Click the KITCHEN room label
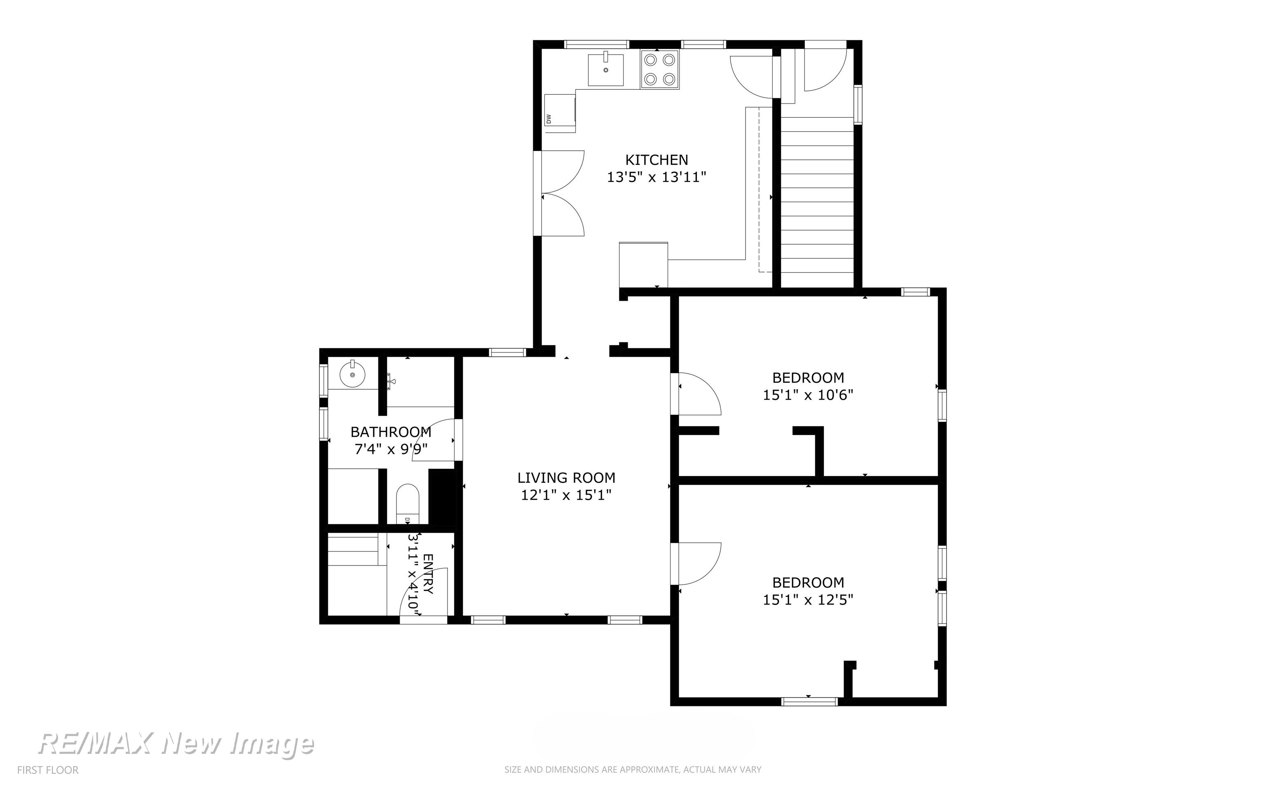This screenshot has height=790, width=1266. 656,159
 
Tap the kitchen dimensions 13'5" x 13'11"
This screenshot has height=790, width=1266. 656,177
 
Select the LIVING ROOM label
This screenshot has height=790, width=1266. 566,477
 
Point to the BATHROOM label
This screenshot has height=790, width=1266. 391,432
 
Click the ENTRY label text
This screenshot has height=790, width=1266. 428,574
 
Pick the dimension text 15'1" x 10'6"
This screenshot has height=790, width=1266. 808,395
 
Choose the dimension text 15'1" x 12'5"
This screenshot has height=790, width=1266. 808,600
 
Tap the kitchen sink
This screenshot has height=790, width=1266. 606,70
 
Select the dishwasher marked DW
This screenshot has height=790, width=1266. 560,113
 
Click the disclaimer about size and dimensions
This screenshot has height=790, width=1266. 633,770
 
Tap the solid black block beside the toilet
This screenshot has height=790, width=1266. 442,496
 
